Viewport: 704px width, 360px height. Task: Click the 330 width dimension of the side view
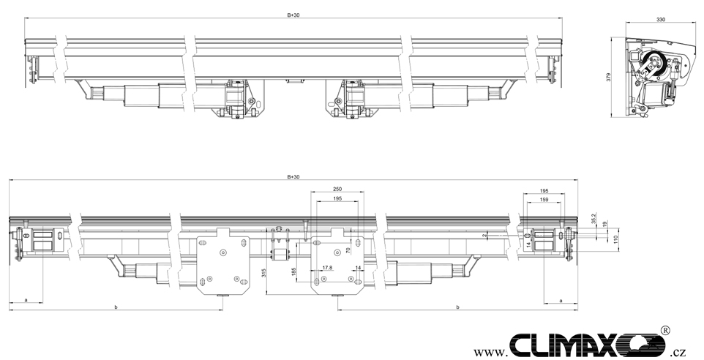tap(661, 20)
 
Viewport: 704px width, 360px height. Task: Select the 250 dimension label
tap(337, 189)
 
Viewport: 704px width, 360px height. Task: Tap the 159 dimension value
tap(544, 199)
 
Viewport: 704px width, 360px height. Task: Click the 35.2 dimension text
tap(593, 218)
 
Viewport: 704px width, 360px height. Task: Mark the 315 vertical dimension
tap(264, 272)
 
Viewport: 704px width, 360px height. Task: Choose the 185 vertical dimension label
tap(294, 272)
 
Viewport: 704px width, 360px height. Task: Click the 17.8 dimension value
tap(327, 268)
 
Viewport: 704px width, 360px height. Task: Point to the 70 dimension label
tap(348, 250)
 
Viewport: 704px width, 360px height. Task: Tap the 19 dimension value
tap(604, 224)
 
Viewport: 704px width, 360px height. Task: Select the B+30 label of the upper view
tap(293, 15)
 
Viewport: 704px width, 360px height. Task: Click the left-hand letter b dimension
tap(116, 307)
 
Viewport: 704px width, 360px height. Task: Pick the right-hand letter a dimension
tap(561, 300)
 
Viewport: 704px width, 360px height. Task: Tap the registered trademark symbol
tap(665, 331)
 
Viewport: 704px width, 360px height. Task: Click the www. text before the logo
tap(491, 351)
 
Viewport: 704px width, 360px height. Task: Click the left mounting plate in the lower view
tap(223, 261)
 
